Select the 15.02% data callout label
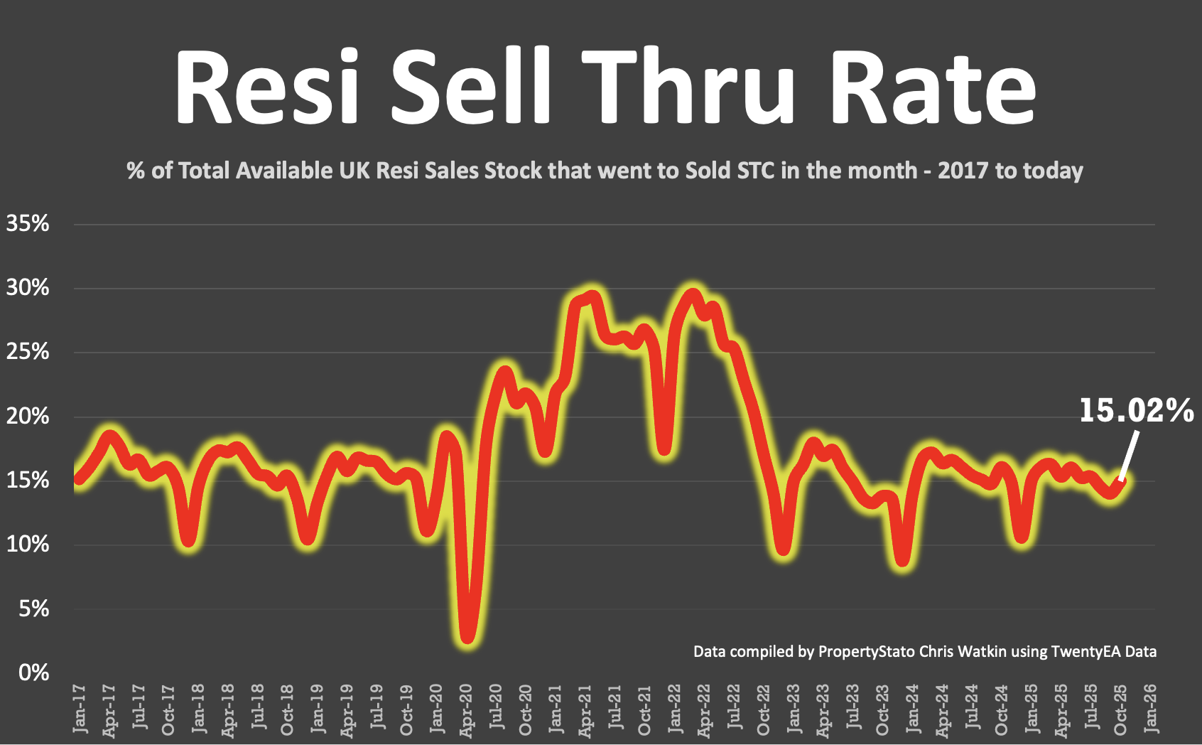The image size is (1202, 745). point(1136,411)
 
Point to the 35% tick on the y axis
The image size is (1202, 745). point(28,224)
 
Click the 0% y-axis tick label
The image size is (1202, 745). point(33,672)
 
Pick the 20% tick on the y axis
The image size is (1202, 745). point(28,417)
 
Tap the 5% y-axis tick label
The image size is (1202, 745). point(33,609)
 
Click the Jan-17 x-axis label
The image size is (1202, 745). point(80,709)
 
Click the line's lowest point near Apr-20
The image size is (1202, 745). point(467,637)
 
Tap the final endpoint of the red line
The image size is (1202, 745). point(1122,481)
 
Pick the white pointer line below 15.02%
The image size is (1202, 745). point(1129,455)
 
